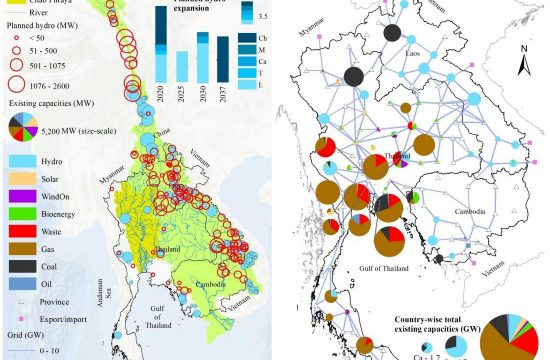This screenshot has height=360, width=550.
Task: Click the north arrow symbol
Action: [x=521, y=66]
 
